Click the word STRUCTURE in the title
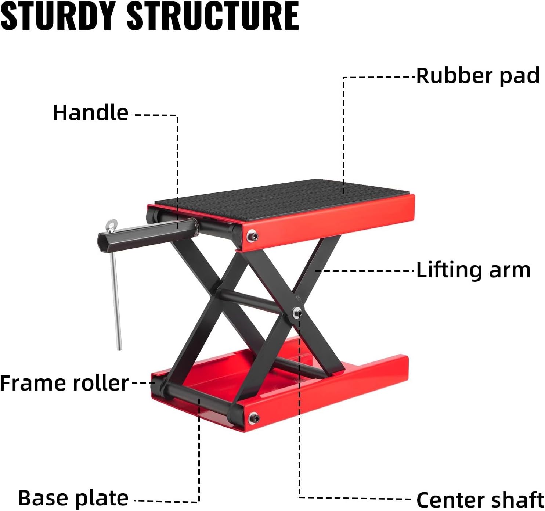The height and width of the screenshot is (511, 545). tap(213, 16)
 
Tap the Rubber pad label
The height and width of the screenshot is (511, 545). tap(477, 76)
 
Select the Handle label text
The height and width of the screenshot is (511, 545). tap(90, 112)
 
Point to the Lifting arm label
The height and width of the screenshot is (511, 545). tap(473, 270)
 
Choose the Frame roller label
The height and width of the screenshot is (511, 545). tap(64, 383)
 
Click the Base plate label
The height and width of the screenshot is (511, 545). tap(73, 499)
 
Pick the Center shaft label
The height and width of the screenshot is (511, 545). tap(479, 500)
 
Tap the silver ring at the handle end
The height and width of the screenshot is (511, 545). tap(111, 223)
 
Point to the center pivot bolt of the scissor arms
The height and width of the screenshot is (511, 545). tap(296, 313)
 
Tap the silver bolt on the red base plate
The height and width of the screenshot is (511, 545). tap(253, 418)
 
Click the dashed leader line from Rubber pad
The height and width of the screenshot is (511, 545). tap(343, 129)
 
